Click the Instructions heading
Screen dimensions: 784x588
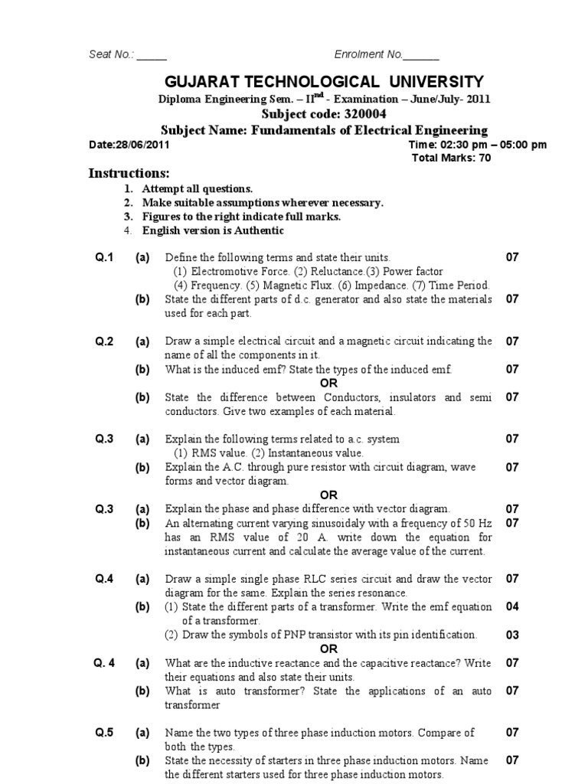[129, 174]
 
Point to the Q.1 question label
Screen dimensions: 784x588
[103, 258]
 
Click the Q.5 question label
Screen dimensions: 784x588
[103, 733]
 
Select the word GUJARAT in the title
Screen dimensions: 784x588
[204, 81]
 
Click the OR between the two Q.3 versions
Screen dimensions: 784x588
[328, 495]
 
